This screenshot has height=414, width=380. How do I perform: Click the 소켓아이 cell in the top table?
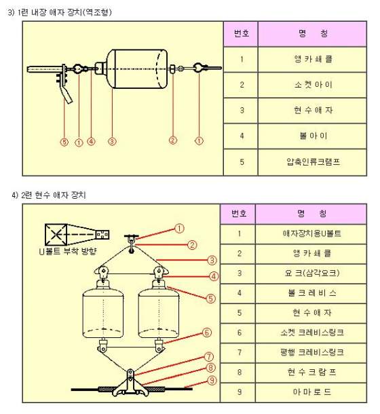[312, 85]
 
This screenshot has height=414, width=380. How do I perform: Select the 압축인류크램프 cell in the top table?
[312, 162]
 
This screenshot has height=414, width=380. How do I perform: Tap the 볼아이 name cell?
[312, 136]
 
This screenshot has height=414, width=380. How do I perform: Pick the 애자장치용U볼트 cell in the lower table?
[311, 234]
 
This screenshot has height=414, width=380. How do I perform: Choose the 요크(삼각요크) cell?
[311, 274]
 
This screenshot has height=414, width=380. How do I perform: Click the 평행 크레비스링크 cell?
[311, 353]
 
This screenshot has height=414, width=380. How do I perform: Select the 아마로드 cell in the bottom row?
[311, 392]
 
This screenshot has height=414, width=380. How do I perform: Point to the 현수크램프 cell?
[311, 373]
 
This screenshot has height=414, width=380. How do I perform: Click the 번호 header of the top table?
[241, 34]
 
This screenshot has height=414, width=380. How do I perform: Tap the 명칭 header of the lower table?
[311, 214]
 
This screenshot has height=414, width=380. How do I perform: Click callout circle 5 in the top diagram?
[64, 142]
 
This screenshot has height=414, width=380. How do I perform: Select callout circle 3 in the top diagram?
[112, 142]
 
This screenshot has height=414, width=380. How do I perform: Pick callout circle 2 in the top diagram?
[173, 140]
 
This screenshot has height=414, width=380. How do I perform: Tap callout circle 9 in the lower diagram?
[212, 381]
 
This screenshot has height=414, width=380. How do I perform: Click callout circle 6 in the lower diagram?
[207, 333]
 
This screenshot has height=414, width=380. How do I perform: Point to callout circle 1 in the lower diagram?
[179, 229]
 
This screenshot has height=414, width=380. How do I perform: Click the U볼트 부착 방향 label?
[68, 251]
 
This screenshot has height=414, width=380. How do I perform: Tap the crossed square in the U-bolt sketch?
[56, 234]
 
